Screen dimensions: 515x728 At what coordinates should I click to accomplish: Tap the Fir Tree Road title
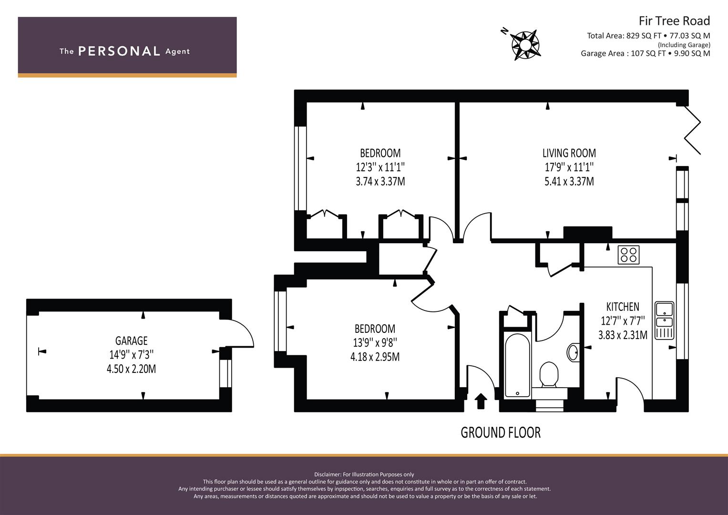[674, 21]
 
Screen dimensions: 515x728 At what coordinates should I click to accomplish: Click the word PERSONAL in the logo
[119, 51]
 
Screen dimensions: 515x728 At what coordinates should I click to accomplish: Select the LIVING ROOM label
[569, 153]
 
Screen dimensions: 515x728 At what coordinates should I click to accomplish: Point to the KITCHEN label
[622, 307]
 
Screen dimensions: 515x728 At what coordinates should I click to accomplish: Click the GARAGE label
[131, 340]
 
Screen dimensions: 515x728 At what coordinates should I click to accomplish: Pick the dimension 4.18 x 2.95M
[375, 357]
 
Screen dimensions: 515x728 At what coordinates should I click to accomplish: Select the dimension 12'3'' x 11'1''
[380, 167]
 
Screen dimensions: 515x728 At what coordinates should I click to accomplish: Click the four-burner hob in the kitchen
[628, 255]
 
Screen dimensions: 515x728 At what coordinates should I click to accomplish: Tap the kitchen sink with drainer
[664, 320]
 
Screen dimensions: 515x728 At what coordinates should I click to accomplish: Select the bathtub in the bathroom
[517, 365]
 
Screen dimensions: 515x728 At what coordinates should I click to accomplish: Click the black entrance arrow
[481, 401]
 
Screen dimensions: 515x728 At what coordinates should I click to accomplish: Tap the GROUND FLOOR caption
[500, 433]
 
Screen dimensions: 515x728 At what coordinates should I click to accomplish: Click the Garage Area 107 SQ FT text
[645, 53]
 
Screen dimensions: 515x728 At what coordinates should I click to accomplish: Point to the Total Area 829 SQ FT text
[648, 36]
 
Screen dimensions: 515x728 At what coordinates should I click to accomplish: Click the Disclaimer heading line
[364, 474]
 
